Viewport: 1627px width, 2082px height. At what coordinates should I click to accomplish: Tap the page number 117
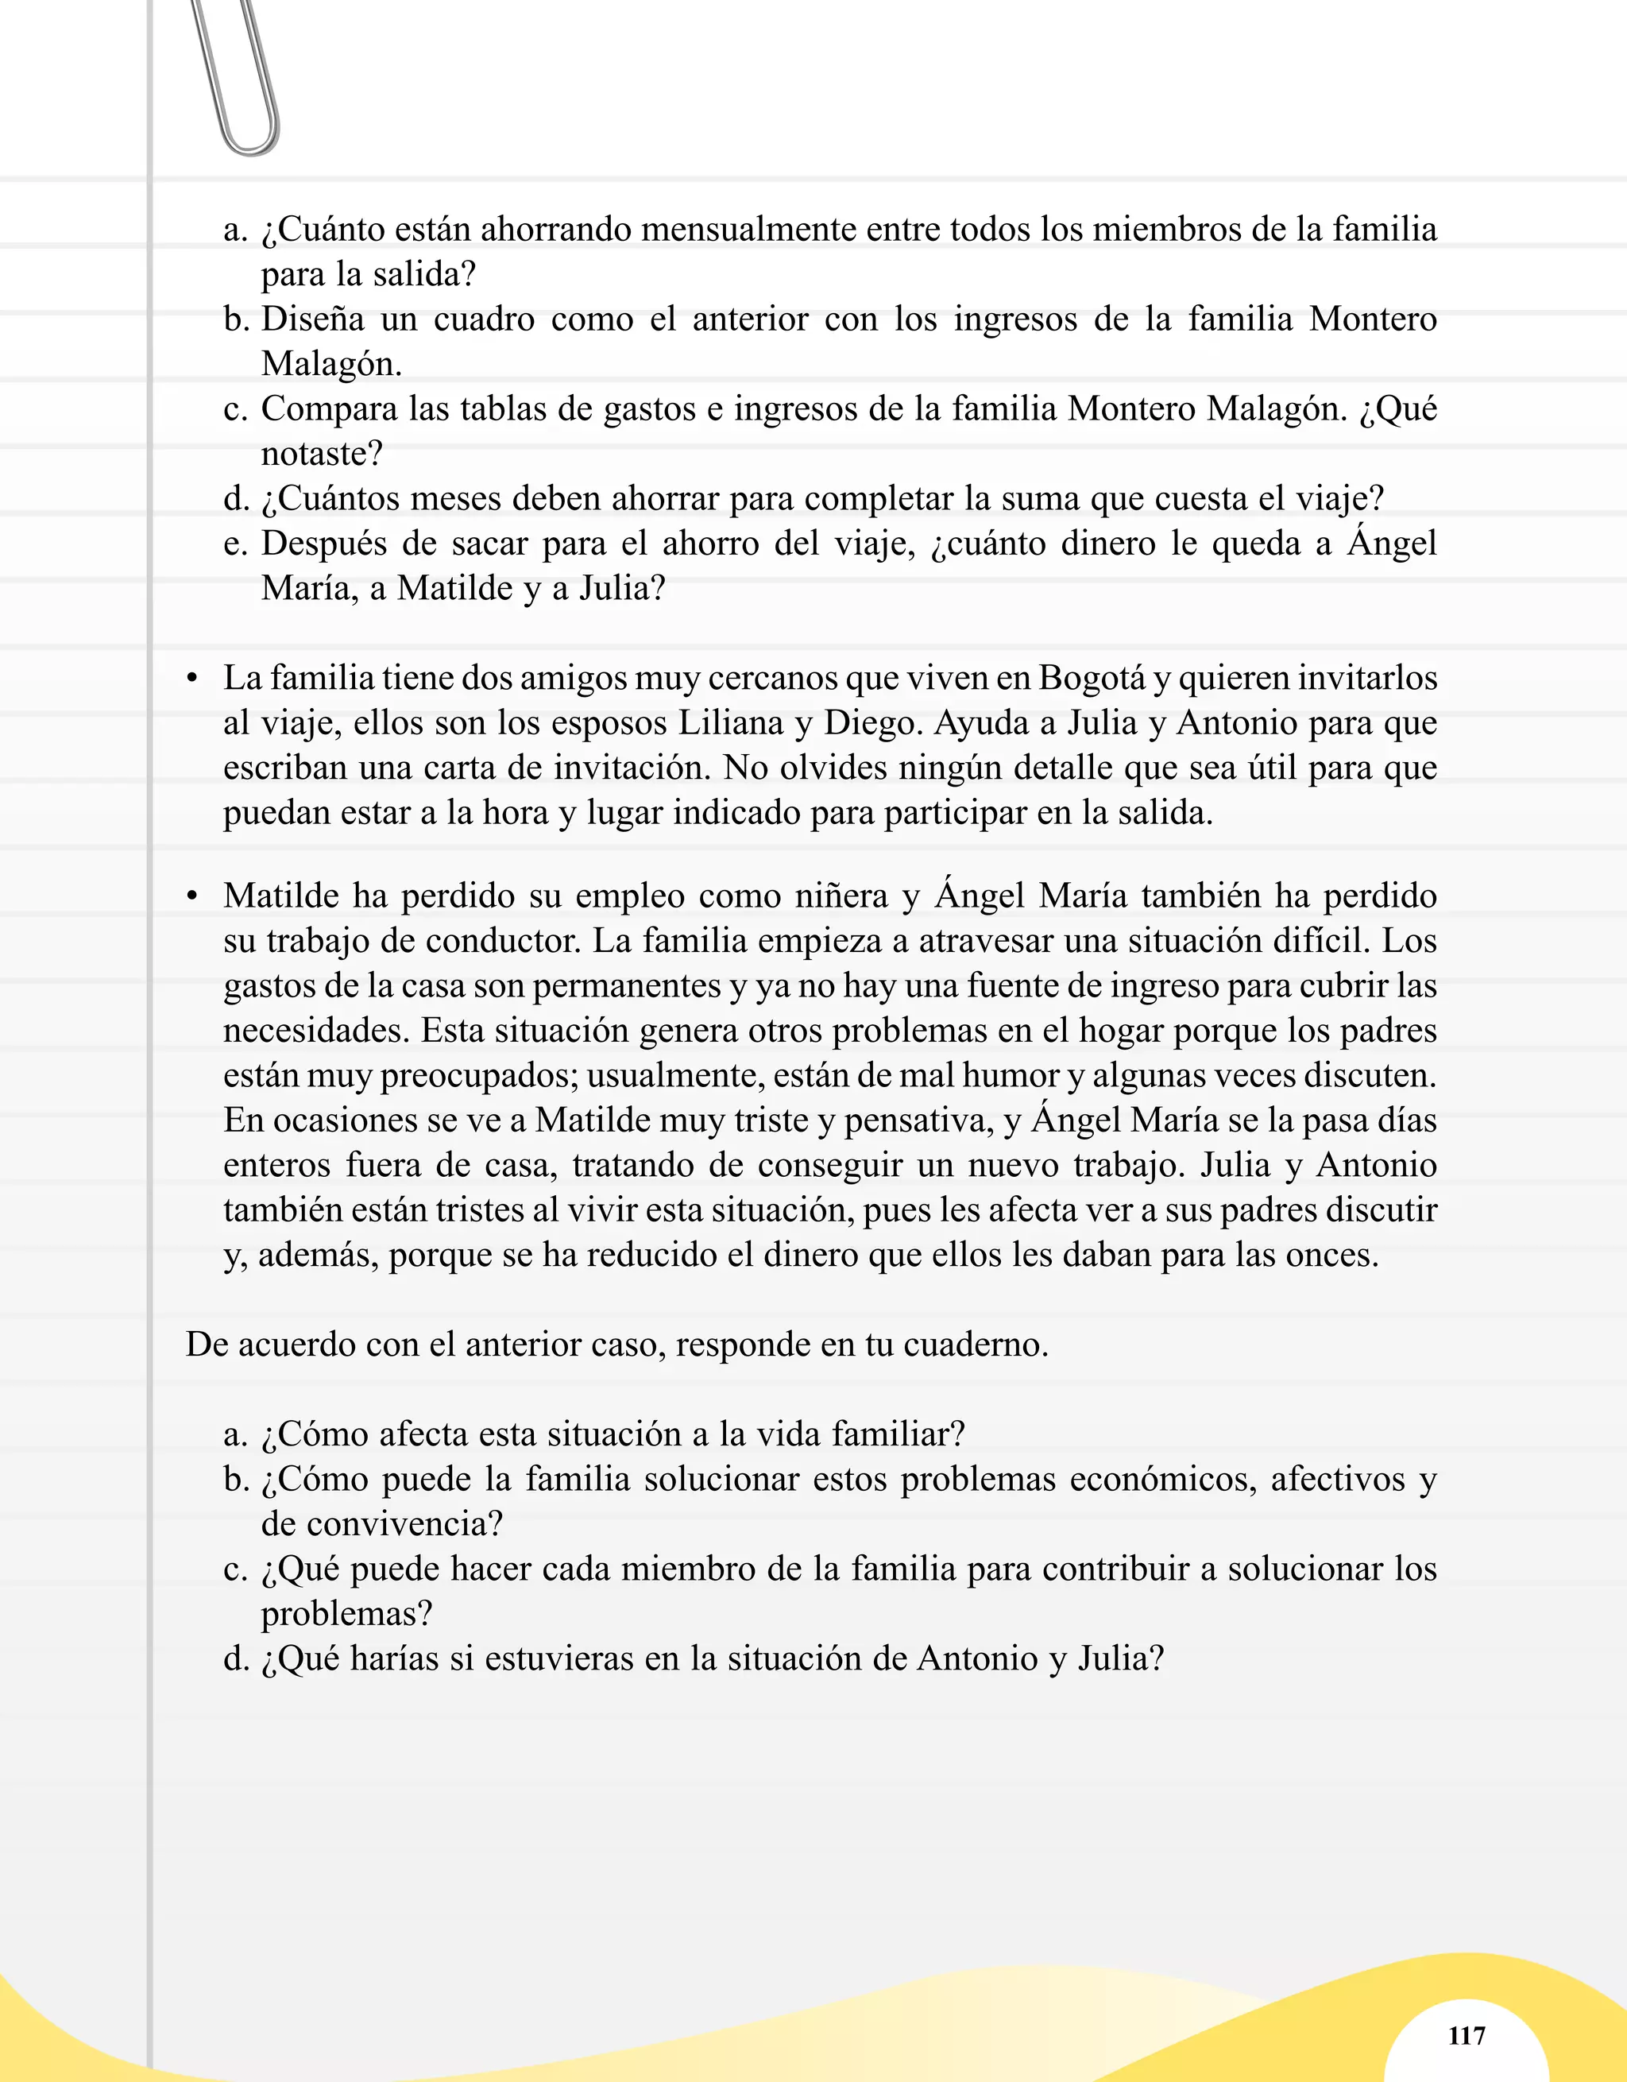[1466, 2036]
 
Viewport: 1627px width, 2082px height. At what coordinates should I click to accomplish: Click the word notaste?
[321, 454]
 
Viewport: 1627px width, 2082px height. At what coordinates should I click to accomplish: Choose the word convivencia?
[381, 1523]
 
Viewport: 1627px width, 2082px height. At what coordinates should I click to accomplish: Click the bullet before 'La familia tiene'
[192, 679]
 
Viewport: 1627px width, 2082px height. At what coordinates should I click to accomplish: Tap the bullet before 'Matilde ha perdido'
[192, 897]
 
